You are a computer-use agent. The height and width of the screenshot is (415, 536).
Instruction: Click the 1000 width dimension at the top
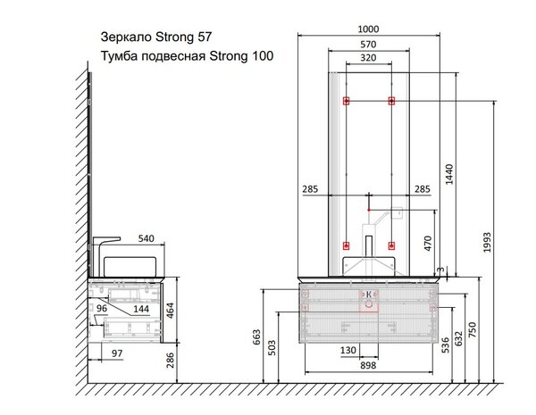368,29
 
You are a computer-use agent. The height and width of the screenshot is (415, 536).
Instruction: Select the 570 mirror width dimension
368,45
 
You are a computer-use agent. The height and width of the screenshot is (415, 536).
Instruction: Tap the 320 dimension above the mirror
368,58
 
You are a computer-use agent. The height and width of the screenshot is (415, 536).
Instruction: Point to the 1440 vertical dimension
449,174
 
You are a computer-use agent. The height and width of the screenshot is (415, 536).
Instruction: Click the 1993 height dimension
487,242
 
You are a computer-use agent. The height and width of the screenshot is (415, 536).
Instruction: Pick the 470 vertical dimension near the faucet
428,243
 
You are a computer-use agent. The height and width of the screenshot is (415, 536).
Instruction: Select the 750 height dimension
472,329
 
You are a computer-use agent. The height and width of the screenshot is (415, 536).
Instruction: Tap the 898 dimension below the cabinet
368,366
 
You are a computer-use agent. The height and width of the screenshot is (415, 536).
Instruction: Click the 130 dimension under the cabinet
348,351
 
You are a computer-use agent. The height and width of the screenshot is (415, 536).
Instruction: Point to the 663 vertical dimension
256,336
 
